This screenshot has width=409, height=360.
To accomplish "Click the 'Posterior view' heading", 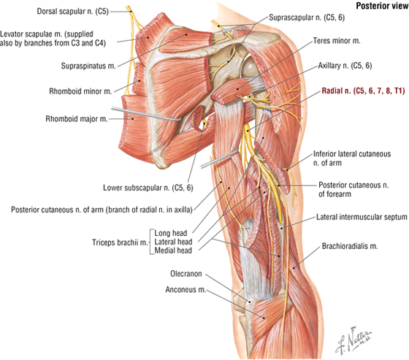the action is pos(383,6).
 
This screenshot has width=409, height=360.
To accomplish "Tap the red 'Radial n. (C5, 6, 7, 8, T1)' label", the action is pos(363,91).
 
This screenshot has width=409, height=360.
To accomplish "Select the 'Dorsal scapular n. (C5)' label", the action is pos(72,12).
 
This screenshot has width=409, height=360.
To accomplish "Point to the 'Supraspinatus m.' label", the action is pos(88,66).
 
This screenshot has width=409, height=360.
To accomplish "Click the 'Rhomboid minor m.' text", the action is pos(80,91).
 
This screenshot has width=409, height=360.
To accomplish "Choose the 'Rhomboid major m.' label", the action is pos(77,119).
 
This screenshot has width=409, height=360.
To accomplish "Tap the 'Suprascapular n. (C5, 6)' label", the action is pos(307,18).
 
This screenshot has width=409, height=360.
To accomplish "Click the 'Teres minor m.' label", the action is pos(337,41).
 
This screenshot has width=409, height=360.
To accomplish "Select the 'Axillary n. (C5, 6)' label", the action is pos(345,66).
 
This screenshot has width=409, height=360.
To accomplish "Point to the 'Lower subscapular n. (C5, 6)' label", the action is pos(148,188).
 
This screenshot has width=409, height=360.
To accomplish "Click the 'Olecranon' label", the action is pos(186,274).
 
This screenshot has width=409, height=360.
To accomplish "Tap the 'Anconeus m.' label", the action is pos(186,290).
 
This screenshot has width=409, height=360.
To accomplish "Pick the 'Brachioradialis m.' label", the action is pos(350,246).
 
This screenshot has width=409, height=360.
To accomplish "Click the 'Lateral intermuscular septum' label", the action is pos(362,217).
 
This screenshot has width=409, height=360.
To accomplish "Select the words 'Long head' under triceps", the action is pos(171,233).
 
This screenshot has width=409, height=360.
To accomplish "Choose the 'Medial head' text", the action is pos(173,250).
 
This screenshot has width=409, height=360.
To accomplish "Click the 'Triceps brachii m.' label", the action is pos(120,242).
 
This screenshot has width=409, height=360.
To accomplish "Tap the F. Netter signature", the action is pos(353,340).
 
